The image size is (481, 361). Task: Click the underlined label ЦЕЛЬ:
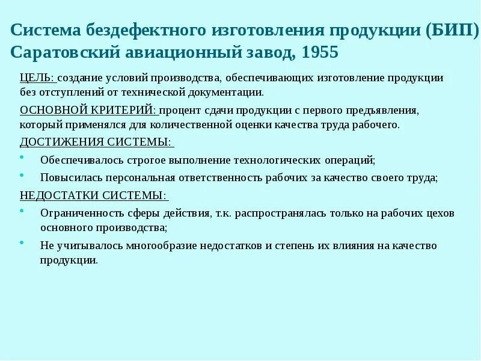pyautogui.click(x=37, y=78)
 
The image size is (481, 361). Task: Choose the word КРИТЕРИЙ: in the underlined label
pyautogui.click(x=123, y=111)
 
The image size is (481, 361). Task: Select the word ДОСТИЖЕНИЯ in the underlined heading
pyautogui.click(x=55, y=142)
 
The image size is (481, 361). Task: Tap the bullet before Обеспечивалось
pyautogui.click(x=22, y=158)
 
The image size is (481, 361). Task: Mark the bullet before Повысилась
pyautogui.click(x=22, y=175)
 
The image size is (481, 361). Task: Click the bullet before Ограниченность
pyautogui.click(x=22, y=211)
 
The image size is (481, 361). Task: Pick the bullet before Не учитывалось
pyautogui.click(x=22, y=243)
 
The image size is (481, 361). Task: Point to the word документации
pyautogui.click(x=231, y=93)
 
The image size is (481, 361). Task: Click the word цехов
pyautogui.click(x=441, y=214)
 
